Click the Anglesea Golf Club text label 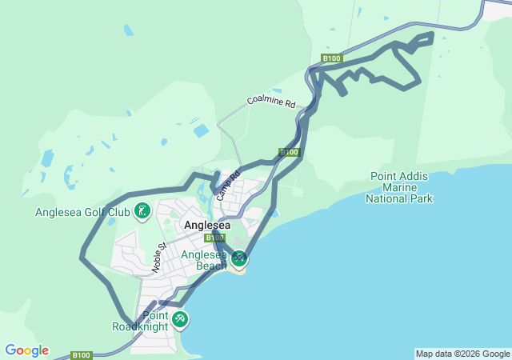[x=82, y=212]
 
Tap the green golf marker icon [x=142, y=211]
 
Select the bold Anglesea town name [x=207, y=226]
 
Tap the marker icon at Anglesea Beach [x=238, y=258]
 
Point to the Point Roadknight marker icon [x=179, y=319]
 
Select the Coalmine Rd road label [x=271, y=102]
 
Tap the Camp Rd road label [x=228, y=185]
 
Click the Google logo [x=26, y=350]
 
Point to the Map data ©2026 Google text [x=462, y=354]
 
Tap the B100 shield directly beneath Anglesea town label [x=214, y=238]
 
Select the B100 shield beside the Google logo [x=81, y=354]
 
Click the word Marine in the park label [x=400, y=187]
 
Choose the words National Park [x=399, y=198]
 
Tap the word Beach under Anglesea [x=211, y=266]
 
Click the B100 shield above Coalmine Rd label [x=332, y=58]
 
